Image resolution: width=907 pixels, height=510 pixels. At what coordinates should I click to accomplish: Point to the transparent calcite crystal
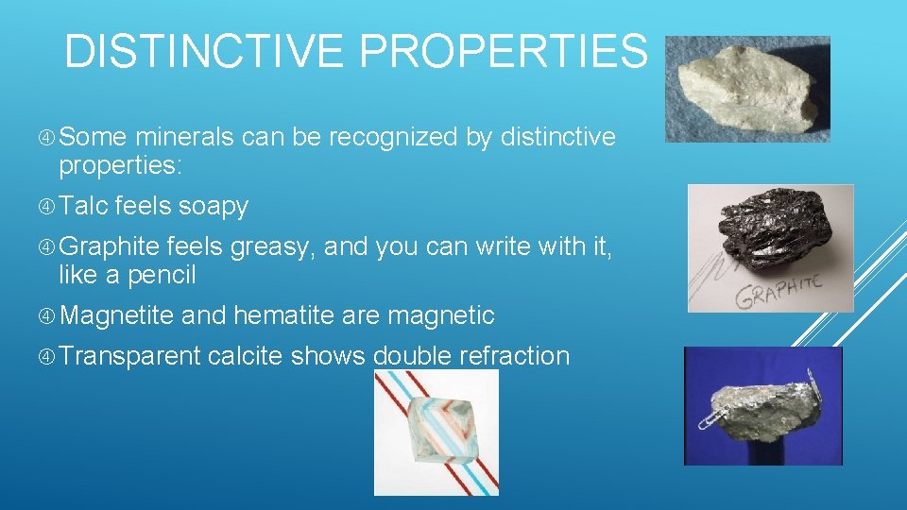(x=436, y=430)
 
